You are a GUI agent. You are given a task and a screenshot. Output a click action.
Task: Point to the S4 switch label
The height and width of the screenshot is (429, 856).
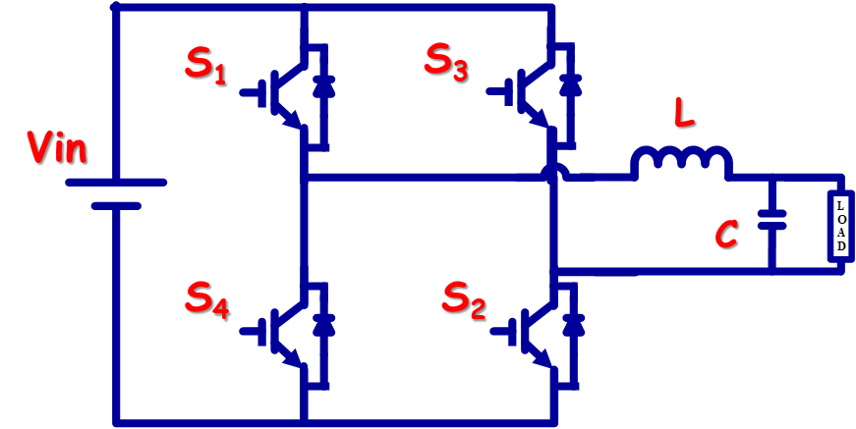pyautogui.click(x=207, y=298)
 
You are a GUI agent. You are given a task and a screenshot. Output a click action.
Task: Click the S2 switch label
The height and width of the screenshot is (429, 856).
pyautogui.click(x=464, y=302)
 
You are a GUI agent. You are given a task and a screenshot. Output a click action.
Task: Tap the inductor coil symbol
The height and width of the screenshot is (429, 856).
pyautogui.click(x=681, y=162)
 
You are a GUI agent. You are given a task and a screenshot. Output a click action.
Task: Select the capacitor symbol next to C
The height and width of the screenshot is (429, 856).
pyautogui.click(x=771, y=220)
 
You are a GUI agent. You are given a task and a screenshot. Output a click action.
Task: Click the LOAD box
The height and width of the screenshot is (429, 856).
pyautogui.click(x=841, y=224)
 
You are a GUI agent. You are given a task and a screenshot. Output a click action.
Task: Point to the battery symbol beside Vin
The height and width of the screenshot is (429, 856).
pyautogui.click(x=116, y=194)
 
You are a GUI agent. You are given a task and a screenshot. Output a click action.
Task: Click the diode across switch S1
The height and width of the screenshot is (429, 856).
pyautogui.click(x=323, y=87)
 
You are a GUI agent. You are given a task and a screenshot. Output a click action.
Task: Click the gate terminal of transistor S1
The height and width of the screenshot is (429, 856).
pyautogui.click(x=255, y=92)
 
